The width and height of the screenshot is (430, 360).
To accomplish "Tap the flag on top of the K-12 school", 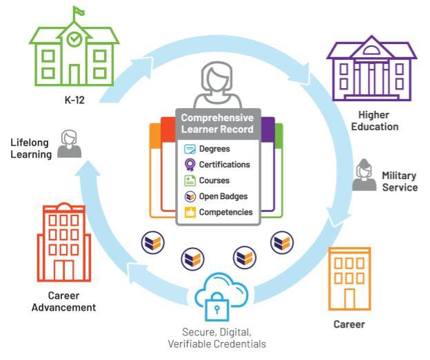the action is coord(79,11).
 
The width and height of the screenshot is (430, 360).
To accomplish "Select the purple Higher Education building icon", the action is coord(371,69).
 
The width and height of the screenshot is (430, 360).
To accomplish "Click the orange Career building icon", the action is coord(349,279).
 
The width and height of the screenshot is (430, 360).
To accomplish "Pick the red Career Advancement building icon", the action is coord(64,242).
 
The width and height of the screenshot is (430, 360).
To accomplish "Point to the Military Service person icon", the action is coord(364,175).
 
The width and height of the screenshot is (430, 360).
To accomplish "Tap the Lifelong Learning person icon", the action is coord(69,144).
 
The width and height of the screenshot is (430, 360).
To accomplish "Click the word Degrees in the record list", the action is coord(214,149).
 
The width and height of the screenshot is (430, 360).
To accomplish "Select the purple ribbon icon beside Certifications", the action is coord(190,165).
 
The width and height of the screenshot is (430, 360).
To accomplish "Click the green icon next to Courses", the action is coord(190,180).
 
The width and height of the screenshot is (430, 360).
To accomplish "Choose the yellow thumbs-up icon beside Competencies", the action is coord(190,212).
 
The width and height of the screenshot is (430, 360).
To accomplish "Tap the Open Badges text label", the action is coord(223,196).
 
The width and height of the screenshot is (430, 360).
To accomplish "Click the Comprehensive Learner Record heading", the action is coord(217,123).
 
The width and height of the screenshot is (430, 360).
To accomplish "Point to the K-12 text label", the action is coord(74,100).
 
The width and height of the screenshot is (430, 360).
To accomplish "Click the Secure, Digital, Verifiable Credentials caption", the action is coord(217,338).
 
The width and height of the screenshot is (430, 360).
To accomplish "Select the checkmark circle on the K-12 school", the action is coord(74,39).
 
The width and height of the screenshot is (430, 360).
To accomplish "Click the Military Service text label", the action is coord(400,181).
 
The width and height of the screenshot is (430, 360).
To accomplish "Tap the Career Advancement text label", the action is coord(64,301).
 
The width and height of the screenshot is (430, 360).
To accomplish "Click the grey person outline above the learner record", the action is coord(218,85).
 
